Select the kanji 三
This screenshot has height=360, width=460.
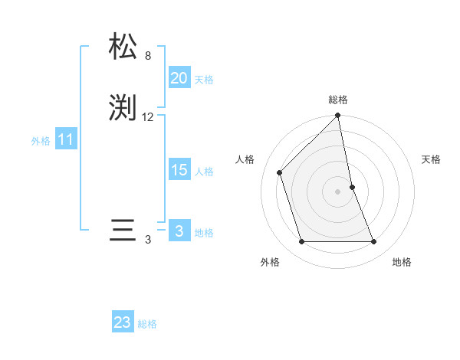[x=123, y=231]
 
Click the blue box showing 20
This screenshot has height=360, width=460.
[x=179, y=78]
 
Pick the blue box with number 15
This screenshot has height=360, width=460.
[x=179, y=170]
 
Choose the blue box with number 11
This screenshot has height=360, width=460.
[x=65, y=140]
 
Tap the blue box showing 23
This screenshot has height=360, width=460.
[x=122, y=322]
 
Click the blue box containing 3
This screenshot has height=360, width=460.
[x=179, y=231]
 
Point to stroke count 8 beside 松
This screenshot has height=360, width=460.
[x=148, y=56]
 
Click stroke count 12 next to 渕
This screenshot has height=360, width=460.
[x=148, y=117]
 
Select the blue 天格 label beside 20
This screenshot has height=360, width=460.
[x=204, y=80]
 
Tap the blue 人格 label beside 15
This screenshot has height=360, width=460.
[x=204, y=172]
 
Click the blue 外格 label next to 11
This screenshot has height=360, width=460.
[x=41, y=141]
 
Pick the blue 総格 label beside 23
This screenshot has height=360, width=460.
[x=147, y=324]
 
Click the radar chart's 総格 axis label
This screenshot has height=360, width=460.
[x=338, y=100]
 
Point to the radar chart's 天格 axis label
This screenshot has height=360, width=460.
[x=431, y=159]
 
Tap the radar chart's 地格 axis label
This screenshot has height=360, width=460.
[x=402, y=262]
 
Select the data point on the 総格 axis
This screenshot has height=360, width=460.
[x=338, y=116]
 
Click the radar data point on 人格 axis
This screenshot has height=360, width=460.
[x=280, y=172]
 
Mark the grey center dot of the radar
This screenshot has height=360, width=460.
[x=338, y=191]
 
